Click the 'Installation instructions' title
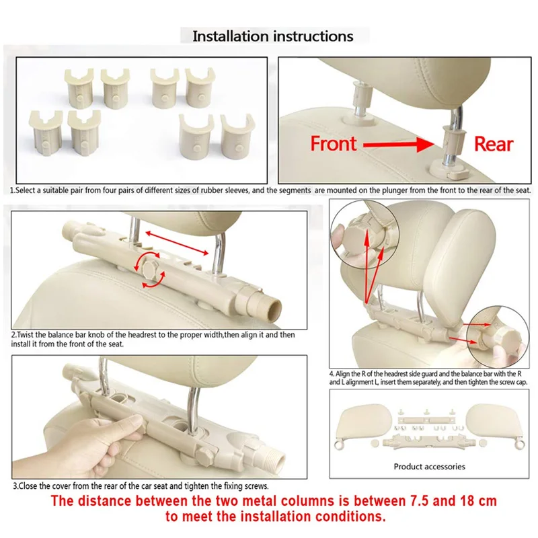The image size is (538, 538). coord(273,36)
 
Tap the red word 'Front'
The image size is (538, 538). coord(334,143)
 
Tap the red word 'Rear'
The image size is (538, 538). coord(494,144)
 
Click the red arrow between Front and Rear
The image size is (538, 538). coord(399,144)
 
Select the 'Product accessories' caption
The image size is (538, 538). coord(429,467)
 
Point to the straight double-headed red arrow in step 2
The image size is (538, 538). coord(177,243)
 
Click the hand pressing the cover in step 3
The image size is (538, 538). coord(79,445)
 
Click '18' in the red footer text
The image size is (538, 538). coord(467,501)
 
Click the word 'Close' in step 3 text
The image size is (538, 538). coord(28,486)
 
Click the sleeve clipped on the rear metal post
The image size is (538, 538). coord(453,140)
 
